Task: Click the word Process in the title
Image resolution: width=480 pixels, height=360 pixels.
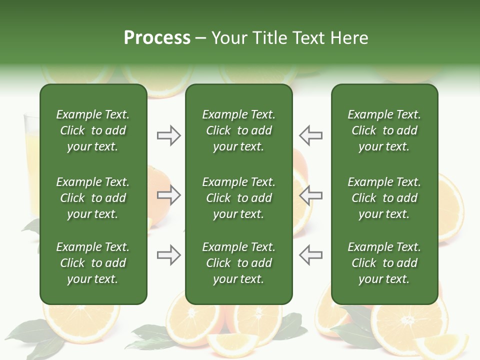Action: point(157,37)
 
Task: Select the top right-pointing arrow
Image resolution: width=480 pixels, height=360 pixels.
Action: point(169,135)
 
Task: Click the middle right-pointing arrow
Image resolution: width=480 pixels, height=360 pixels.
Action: point(169,195)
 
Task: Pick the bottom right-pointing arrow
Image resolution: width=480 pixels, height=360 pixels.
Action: point(169,255)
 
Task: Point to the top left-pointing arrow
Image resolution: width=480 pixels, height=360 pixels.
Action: point(310,135)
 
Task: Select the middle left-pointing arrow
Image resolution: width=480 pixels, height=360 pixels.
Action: point(310,195)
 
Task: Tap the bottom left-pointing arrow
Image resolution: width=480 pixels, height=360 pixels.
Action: point(310,255)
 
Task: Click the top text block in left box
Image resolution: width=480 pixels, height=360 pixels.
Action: point(93,130)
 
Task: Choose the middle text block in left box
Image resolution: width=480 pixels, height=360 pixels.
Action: point(93,198)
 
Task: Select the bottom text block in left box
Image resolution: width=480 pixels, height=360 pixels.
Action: point(93,263)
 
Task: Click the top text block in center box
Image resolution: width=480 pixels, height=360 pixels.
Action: point(238,130)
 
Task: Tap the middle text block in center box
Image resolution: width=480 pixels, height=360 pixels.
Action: point(238,198)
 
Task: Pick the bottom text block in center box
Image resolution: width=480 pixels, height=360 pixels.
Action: point(238,263)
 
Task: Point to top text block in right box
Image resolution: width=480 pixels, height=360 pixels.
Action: point(384,130)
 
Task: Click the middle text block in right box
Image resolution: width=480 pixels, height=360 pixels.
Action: point(384,198)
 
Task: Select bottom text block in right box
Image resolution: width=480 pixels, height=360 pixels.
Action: point(384,263)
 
